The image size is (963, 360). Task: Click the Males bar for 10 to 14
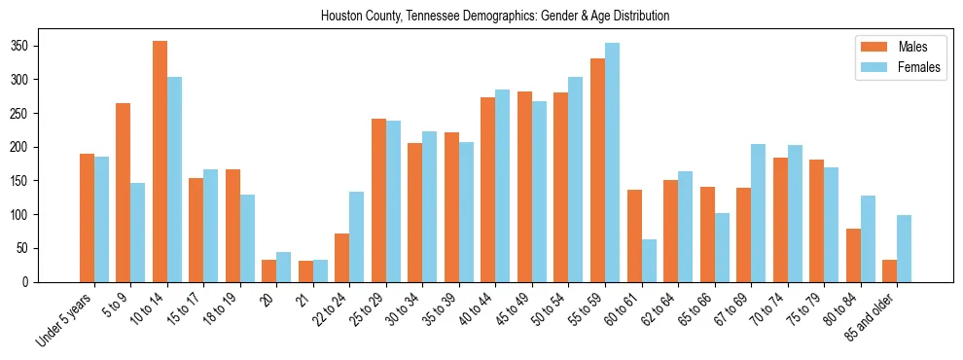pos(160,162)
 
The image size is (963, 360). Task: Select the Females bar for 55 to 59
pos(612,162)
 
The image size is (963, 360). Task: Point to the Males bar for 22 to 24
pos(342,258)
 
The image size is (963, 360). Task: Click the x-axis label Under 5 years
pos(65,319)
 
